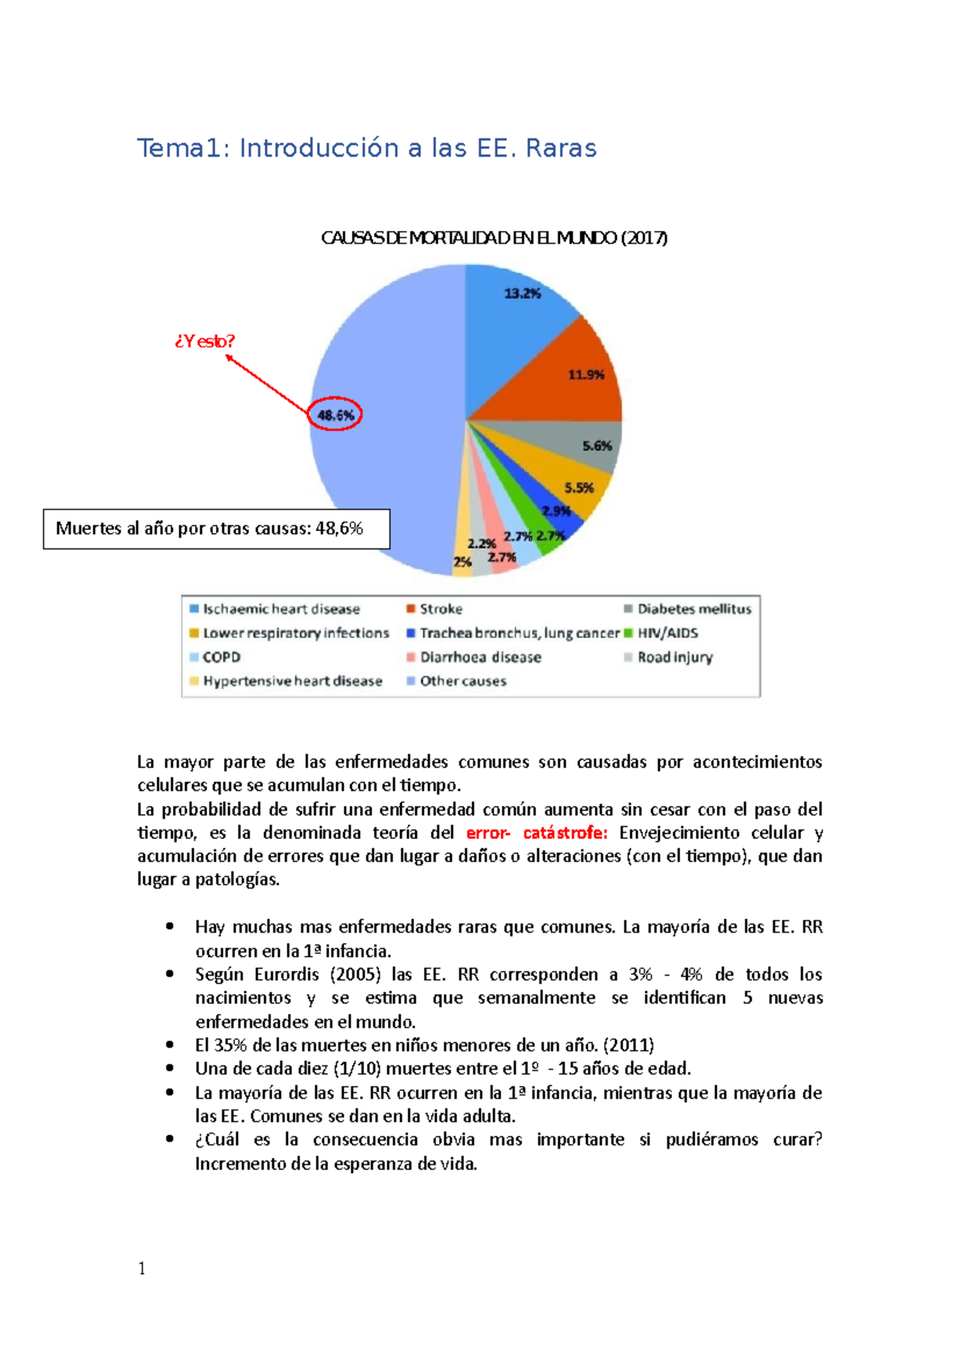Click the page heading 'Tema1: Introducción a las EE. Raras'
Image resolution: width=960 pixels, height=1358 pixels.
coord(366,149)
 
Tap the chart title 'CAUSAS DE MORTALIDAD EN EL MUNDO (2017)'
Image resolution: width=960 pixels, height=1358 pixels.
coord(494,238)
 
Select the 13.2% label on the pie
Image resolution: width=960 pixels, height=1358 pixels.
coord(522,294)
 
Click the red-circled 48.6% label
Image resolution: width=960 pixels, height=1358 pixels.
coord(335,415)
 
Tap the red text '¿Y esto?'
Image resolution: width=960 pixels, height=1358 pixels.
coord(205,341)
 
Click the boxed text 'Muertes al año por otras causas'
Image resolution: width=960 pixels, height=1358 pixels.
coord(209,529)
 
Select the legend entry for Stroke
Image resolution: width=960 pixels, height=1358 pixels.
coord(441,609)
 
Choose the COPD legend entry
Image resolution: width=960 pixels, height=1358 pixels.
coord(221,657)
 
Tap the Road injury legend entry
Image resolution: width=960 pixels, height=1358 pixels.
coord(674,657)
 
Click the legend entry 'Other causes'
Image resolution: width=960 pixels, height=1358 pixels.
coord(462,681)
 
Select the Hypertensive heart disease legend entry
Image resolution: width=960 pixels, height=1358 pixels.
coord(292,681)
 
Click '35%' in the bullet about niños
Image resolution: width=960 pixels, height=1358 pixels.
coord(230,1045)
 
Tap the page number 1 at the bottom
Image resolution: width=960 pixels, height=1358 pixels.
coord(142,1268)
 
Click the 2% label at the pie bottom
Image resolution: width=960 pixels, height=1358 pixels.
coord(462,562)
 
